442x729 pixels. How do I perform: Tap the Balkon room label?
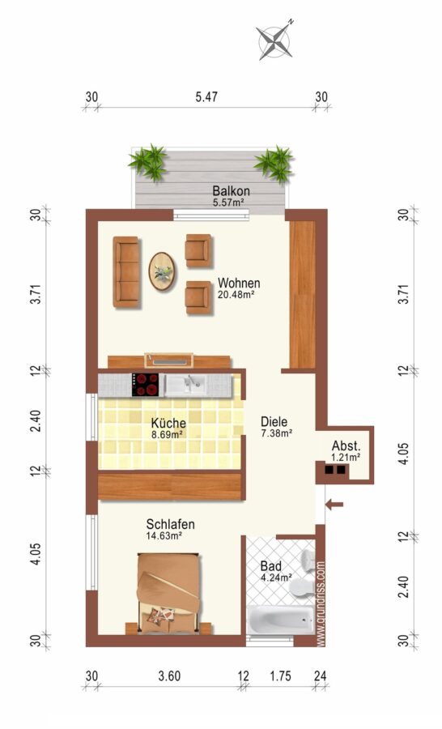click(x=231, y=190)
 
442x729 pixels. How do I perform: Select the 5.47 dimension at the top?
click(x=206, y=97)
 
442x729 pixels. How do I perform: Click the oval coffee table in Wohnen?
click(x=162, y=271)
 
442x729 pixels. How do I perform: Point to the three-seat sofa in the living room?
click(x=126, y=272)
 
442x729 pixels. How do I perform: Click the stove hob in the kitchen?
click(x=146, y=385)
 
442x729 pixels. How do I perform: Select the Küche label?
click(x=168, y=423)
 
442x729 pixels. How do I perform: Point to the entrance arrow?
click(x=334, y=505)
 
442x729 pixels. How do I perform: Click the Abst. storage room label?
click(x=346, y=446)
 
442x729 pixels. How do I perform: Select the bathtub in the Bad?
click(x=280, y=620)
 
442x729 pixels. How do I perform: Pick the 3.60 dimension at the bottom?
click(x=169, y=676)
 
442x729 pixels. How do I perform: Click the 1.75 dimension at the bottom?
click(x=281, y=676)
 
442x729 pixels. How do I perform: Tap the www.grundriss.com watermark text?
click(x=321, y=604)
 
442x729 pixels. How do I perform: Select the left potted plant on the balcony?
click(x=149, y=162)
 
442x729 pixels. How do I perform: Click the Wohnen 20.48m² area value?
click(x=236, y=294)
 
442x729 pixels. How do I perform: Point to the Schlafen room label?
click(x=171, y=524)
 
